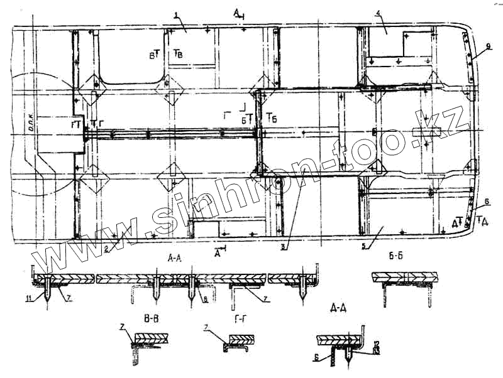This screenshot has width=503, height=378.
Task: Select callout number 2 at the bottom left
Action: [107, 249]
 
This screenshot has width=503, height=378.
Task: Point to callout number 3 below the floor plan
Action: [284, 247]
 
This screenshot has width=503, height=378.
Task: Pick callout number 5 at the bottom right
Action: [364, 246]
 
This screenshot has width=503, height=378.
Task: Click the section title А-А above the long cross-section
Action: [175, 258]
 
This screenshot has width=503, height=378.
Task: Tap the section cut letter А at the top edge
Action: [237, 12]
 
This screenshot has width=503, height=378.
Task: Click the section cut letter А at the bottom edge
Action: [218, 254]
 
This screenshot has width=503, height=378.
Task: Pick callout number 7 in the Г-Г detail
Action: [206, 328]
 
